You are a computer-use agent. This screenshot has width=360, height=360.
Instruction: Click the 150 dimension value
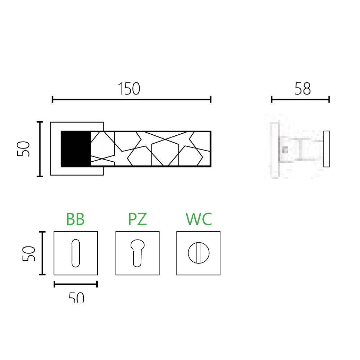[129, 89]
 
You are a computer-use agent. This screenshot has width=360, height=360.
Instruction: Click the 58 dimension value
[303, 89]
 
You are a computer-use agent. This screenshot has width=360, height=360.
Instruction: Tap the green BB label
[76, 219]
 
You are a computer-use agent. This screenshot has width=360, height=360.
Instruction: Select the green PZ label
[137, 219]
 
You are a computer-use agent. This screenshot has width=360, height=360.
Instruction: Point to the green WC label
[199, 219]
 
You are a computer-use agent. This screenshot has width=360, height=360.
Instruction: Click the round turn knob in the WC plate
[199, 253]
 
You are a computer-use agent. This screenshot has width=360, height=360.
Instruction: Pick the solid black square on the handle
[76, 149]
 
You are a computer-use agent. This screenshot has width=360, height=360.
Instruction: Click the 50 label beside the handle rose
[24, 149]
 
